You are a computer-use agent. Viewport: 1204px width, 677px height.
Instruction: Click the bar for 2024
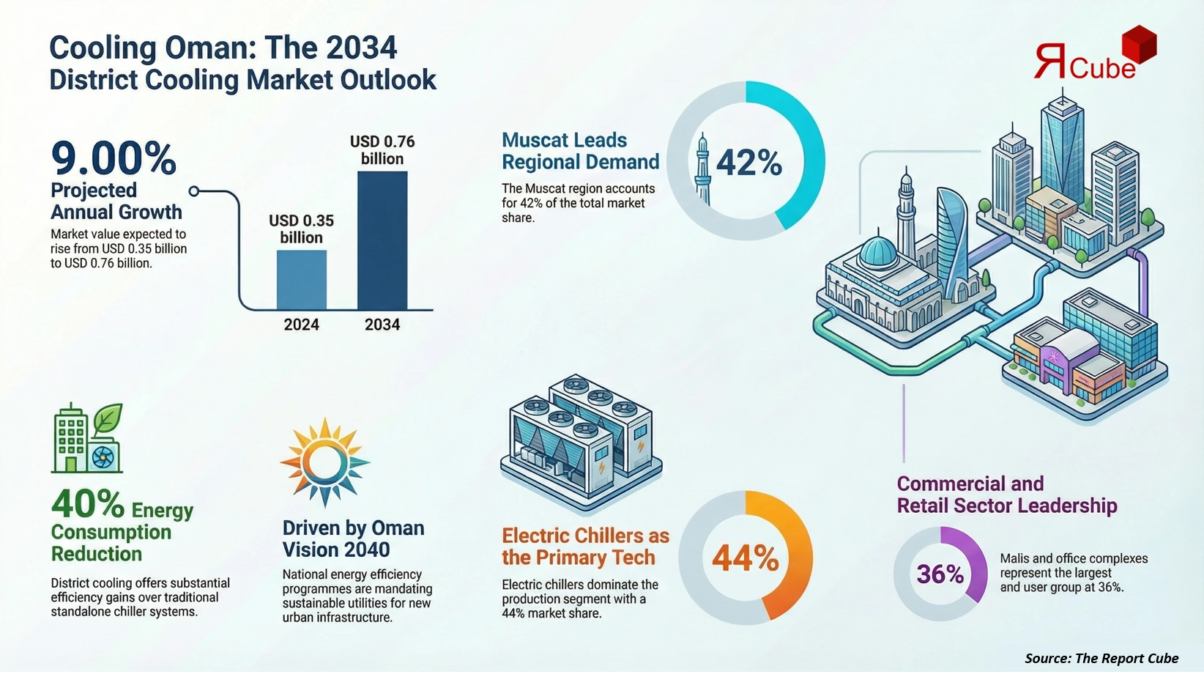pyautogui.click(x=302, y=280)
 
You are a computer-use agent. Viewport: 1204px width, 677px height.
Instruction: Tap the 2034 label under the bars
pyautogui.click(x=382, y=325)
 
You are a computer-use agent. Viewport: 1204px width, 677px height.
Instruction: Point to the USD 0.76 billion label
pyautogui.click(x=382, y=150)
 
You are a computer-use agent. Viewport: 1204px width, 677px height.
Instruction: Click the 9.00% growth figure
pyautogui.click(x=114, y=158)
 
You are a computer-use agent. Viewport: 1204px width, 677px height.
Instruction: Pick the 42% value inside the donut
pyautogui.click(x=748, y=163)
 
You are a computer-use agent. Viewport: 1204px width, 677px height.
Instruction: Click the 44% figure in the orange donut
pyautogui.click(x=745, y=558)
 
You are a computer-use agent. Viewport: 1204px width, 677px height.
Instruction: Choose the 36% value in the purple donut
pyautogui.click(x=940, y=574)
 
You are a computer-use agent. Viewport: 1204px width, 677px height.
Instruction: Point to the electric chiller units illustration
pyautogui.click(x=581, y=440)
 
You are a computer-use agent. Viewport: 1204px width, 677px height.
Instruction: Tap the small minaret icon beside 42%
pyautogui.click(x=702, y=169)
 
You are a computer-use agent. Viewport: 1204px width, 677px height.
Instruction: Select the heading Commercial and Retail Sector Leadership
pyautogui.click(x=1006, y=495)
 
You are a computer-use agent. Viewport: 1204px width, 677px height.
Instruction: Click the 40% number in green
pyautogui.click(x=88, y=504)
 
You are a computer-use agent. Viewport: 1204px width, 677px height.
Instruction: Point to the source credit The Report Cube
pyautogui.click(x=1101, y=658)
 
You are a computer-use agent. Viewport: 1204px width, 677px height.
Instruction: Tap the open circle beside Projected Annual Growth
pyautogui.click(x=194, y=191)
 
